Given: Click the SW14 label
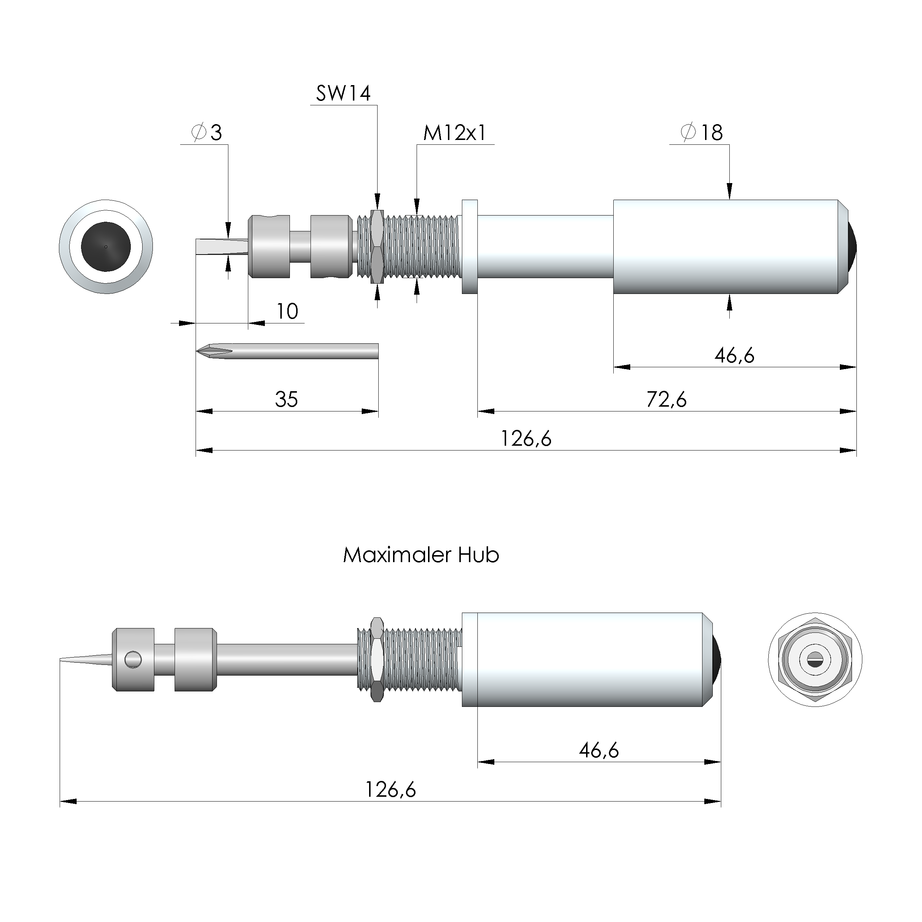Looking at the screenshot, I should [x=343, y=93].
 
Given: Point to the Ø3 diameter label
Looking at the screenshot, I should [x=207, y=133].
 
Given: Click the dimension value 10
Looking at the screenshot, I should [x=287, y=312].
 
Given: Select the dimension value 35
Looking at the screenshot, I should [x=286, y=399].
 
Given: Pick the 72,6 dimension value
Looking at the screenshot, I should [x=666, y=399].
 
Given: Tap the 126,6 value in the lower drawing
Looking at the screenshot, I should [x=390, y=790].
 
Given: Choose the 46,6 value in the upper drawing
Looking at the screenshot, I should [x=734, y=355].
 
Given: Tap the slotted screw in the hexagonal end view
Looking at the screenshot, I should [x=815, y=659].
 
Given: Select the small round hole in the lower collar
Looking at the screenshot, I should [x=133, y=660].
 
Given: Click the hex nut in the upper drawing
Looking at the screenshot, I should [x=377, y=246].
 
